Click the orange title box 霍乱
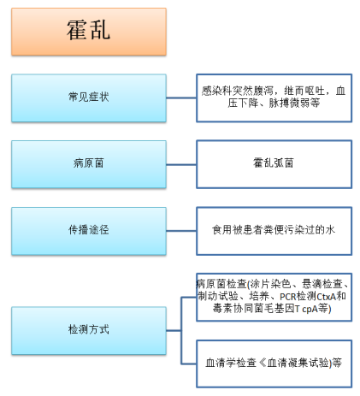[89, 32]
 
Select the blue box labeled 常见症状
[89, 98]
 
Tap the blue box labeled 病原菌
[89, 164]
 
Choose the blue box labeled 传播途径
[89, 231]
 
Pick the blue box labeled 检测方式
[89, 331]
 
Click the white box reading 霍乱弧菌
[274, 164]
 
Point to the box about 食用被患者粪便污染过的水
[274, 231]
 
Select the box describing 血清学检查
[274, 363]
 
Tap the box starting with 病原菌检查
[274, 297]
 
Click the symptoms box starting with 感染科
[274, 98]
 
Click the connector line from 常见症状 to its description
[181, 98]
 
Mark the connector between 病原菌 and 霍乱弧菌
[181, 164]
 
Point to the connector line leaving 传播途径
[181, 231]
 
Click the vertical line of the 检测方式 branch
[181, 331]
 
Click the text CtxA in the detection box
[326, 297]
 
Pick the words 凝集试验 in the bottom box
[309, 363]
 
